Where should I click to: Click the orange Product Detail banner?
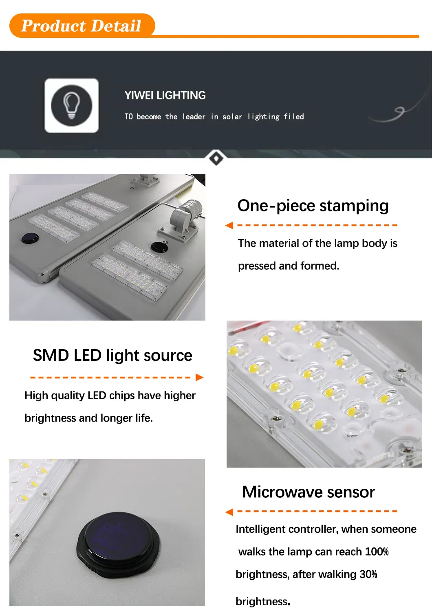pos(82,26)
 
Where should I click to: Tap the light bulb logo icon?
pos(71,105)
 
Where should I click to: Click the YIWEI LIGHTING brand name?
pos(165,95)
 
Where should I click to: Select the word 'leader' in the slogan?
pos(194,117)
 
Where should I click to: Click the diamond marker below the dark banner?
pos(216,158)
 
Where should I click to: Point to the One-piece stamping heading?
pos(313,206)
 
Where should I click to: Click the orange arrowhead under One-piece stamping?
pos(229,225)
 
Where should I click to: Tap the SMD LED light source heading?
pos(112,355)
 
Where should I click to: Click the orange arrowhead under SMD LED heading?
pos(199,377)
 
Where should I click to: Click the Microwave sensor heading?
pos(309,492)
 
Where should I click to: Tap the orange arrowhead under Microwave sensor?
pos(229,512)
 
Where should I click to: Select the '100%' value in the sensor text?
pos(377,552)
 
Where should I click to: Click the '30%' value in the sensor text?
pos(368,574)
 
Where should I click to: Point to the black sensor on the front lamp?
pos(159,246)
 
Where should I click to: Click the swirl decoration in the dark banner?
pos(397,112)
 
